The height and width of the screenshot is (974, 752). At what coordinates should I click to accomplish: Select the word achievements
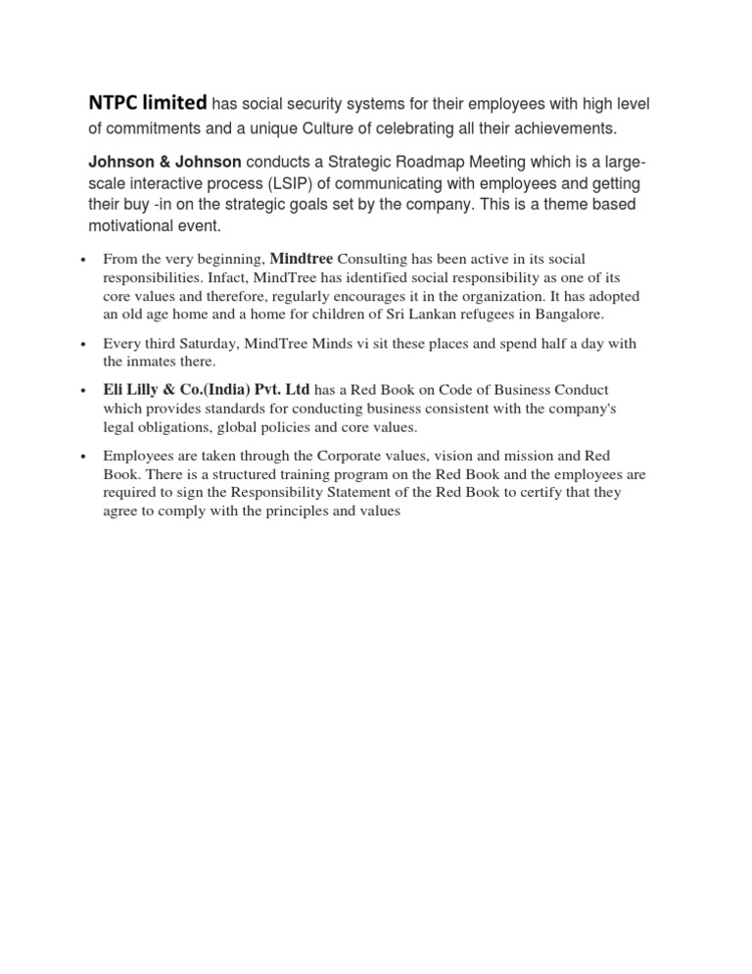(556, 129)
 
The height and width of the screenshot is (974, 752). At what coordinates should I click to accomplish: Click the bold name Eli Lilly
(136, 390)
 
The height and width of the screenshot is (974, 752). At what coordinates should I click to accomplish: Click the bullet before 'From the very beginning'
(86, 261)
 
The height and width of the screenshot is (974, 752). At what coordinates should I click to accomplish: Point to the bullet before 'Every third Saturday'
(86, 344)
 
